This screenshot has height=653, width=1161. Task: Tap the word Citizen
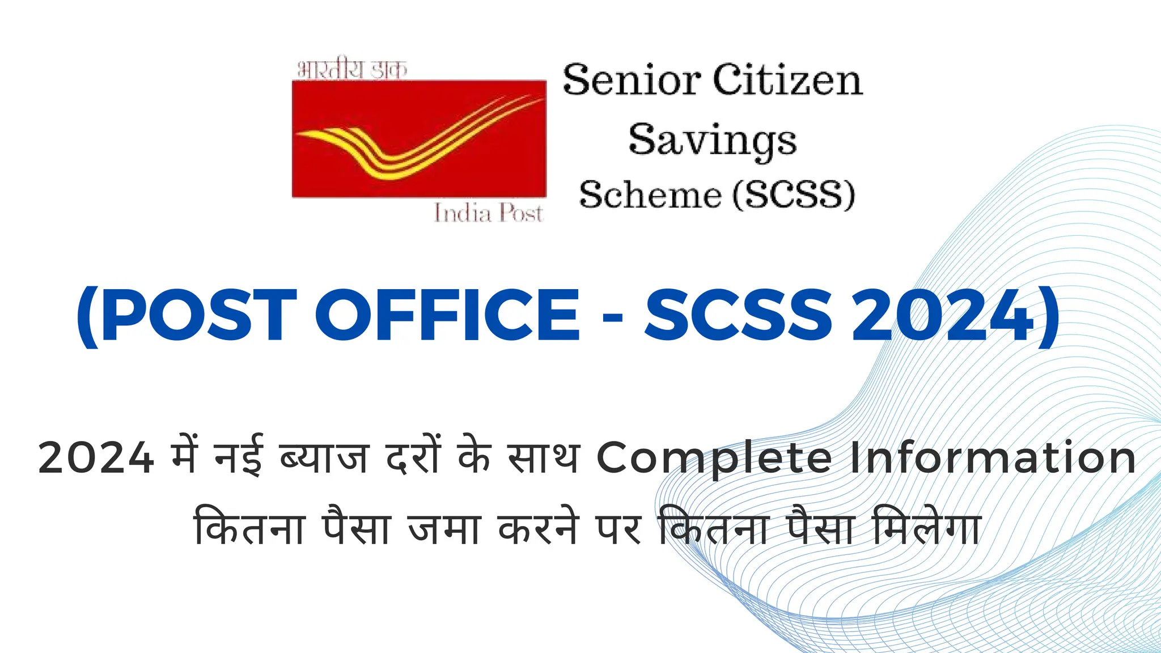[787, 80]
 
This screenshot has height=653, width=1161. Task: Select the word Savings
[713, 141]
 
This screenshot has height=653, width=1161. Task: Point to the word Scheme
[650, 196]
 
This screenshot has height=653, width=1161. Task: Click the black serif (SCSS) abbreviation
[794, 196]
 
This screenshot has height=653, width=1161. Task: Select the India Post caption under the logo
[488, 213]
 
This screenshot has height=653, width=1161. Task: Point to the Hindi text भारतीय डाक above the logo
[352, 70]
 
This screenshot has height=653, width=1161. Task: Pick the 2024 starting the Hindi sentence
[96, 458]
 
